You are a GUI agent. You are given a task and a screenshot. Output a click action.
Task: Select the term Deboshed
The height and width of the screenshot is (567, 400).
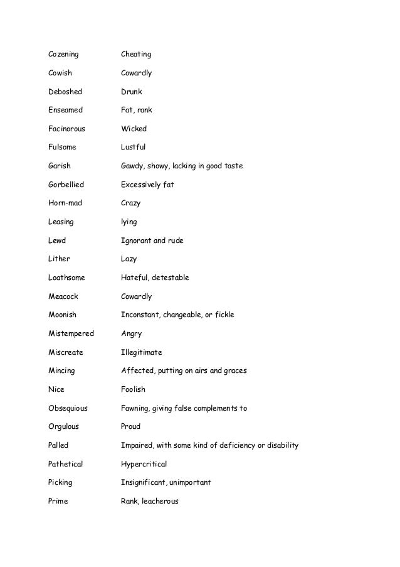coord(65,92)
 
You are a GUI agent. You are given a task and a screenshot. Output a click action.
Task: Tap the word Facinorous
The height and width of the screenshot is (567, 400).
coord(66,129)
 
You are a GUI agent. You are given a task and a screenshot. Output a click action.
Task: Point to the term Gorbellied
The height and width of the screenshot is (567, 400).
coord(66,185)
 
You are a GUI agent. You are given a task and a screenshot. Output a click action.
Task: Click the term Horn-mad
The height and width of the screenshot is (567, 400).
coord(65,203)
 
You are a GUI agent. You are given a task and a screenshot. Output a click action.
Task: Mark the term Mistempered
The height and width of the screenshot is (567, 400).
coord(71,333)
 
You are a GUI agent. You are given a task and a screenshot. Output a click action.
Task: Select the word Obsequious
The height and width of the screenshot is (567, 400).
coord(68,408)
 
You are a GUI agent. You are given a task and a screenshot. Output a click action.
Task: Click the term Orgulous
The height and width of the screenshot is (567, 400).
coord(64,426)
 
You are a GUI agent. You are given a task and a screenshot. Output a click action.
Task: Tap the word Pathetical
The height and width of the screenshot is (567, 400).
coord(66,464)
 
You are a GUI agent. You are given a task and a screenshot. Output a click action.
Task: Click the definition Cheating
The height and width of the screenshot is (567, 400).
coord(136,55)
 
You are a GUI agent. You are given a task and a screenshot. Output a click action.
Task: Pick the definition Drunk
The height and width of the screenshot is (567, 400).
coord(132,92)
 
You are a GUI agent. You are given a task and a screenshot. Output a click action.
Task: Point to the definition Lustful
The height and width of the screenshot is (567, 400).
coord(133,148)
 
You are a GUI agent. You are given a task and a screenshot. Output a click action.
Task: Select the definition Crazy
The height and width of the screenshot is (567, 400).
coord(130,203)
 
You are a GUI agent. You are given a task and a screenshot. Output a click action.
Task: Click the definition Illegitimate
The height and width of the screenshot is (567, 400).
coord(141,352)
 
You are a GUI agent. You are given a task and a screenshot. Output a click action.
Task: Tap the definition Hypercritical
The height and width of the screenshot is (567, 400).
coord(144,464)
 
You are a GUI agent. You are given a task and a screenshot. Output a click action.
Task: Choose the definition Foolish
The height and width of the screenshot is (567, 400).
coord(133,389)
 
